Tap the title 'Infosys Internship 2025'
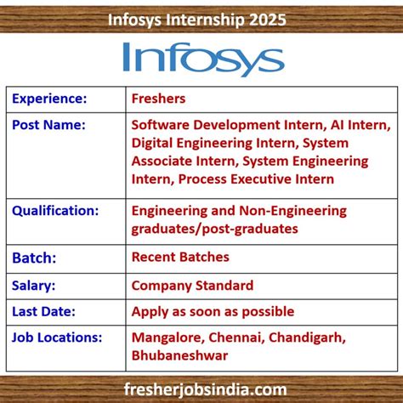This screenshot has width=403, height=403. [201, 19]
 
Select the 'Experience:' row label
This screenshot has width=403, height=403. [49, 99]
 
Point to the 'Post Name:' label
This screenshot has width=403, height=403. [48, 125]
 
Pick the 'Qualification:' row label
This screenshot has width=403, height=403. [54, 210]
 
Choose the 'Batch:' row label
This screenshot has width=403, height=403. [34, 257]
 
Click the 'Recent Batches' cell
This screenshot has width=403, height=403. [180, 257]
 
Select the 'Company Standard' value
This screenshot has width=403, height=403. [192, 285]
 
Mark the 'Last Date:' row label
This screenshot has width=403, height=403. [43, 311]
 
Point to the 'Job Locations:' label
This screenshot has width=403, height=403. [57, 338]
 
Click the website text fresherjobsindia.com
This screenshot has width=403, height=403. [201, 389]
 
